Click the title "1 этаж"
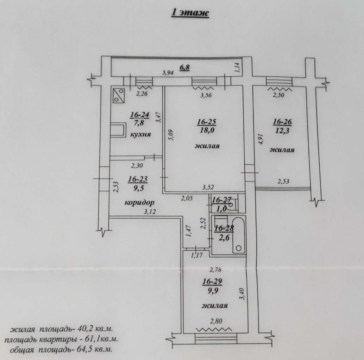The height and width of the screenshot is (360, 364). pos(190,13)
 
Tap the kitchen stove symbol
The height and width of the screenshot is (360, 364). pos(119,95)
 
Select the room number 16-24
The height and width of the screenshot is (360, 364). pos(139,115)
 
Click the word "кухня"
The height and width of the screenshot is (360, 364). pos(141,134)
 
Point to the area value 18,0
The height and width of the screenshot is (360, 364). pos(207,130)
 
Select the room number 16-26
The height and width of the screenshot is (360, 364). pos(282,122)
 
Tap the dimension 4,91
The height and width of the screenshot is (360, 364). pos(262,139)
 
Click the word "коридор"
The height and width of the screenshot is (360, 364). pos(139,203)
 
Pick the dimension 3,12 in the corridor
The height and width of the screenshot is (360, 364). pos(150,212)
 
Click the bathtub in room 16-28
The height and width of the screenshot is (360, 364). pos(239,235)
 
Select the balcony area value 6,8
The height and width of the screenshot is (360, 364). pos(185,67)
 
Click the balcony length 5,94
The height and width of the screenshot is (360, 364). pos(168,73)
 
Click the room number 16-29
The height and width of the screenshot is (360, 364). pos(212,281)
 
